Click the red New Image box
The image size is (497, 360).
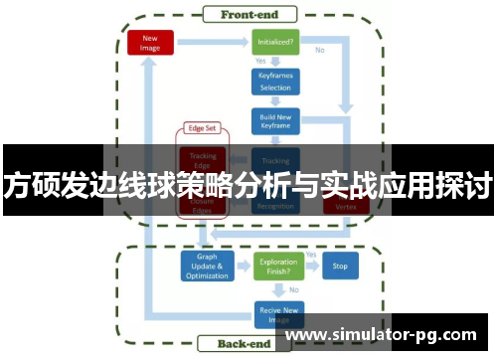151,42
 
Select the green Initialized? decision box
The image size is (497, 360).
275,44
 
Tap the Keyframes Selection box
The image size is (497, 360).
275,83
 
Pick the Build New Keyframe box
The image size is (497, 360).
275,122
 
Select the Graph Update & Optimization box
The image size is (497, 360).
206,267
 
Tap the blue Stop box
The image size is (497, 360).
340,267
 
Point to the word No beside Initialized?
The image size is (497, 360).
319,50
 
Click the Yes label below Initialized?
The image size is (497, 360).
261,62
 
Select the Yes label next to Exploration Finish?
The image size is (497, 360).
310,256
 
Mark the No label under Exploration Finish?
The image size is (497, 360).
292,289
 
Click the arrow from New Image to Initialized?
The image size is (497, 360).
212,43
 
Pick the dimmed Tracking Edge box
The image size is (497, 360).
203,158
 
